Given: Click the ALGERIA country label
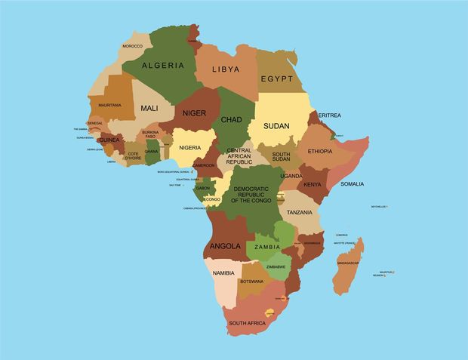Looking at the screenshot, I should click(x=163, y=65).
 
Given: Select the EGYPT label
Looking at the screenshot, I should click(x=277, y=78).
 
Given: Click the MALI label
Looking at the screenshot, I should click(x=149, y=109).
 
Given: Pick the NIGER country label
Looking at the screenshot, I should click(x=194, y=113).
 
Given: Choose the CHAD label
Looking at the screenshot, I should click(x=232, y=119).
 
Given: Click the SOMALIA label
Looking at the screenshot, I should click(x=352, y=183).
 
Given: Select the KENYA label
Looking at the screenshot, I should click(x=312, y=184).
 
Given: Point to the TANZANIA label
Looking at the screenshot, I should click(x=299, y=212).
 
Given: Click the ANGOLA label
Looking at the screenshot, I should click(x=226, y=246).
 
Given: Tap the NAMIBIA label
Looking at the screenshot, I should click(x=223, y=272).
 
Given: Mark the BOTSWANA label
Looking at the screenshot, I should click(x=251, y=282).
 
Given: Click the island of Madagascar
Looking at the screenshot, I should click(x=347, y=264).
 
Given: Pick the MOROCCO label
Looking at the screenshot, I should click(x=133, y=46).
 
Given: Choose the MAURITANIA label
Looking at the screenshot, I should click(x=109, y=104).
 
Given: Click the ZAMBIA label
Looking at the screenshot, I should click(x=267, y=247).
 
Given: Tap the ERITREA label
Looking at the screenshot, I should click(x=330, y=115).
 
